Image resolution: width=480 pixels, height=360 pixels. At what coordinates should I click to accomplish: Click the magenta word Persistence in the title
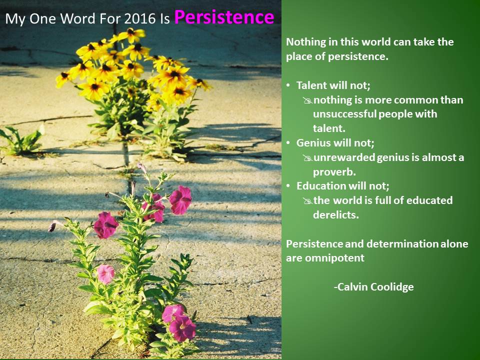pyautogui.click(x=224, y=17)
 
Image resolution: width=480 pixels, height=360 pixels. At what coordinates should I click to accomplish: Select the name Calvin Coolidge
pyautogui.click(x=373, y=287)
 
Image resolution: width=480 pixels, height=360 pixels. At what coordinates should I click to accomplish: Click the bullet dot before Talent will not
pyautogui.click(x=288, y=85)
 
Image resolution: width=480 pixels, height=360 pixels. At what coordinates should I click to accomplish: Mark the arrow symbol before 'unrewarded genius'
pyautogui.click(x=307, y=158)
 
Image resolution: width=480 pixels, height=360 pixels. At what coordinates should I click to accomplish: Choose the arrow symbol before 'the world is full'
pyautogui.click(x=307, y=201)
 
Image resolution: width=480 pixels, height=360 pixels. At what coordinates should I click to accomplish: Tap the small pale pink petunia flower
pyautogui.click(x=105, y=273)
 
